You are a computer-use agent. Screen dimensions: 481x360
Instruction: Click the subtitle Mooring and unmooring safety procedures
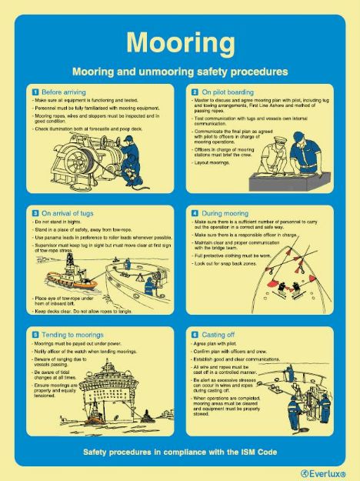click(179, 71)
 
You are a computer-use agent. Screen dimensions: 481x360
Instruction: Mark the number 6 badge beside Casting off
click(195, 335)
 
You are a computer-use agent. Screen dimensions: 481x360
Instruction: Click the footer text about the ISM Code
click(179, 451)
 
